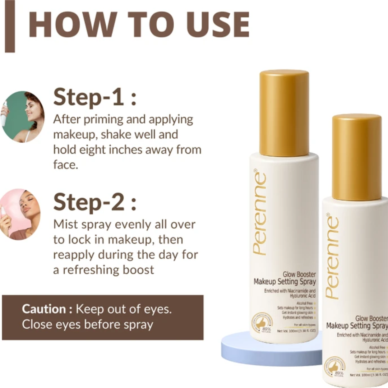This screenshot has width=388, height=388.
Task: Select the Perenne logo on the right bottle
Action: pos(332,257)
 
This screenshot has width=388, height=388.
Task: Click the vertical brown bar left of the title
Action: pos(10,26)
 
